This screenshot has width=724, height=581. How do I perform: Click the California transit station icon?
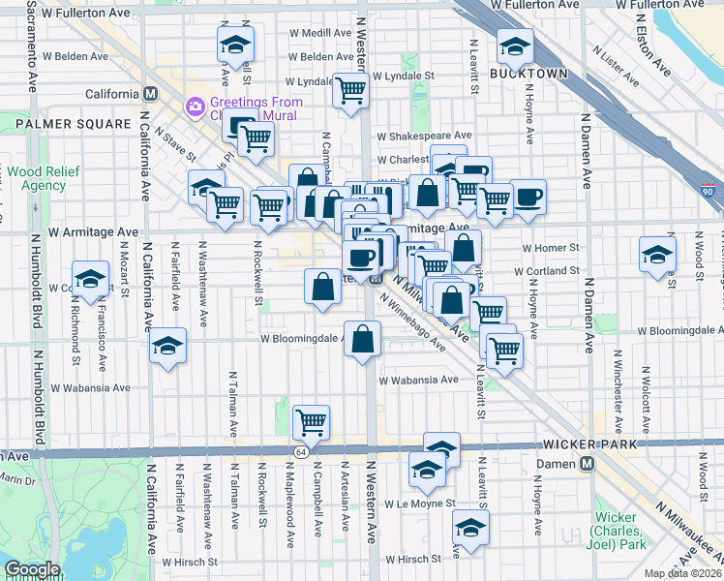pos(150,94)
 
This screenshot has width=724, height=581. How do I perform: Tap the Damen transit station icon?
pos(587,464)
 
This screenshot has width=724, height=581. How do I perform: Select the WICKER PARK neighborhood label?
pos(591,444)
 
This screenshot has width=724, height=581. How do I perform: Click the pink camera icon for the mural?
pos(196,105)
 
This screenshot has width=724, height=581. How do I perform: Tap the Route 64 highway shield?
pos(301,452)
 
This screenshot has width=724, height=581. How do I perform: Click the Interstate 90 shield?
pos(709,193)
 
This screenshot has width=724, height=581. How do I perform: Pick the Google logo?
pos(32,570)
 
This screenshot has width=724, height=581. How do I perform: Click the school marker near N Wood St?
pos(657,255)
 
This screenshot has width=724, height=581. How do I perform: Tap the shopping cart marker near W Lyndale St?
pos(350,90)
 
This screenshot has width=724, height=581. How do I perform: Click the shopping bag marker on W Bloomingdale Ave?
pos(363,339)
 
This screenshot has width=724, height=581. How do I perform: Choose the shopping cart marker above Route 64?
pos(312,421)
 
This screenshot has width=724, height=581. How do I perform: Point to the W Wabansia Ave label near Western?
pos(418,381)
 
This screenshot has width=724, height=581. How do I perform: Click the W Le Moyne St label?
pos(416,504)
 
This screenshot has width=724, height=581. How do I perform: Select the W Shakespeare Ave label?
pos(424,137)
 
